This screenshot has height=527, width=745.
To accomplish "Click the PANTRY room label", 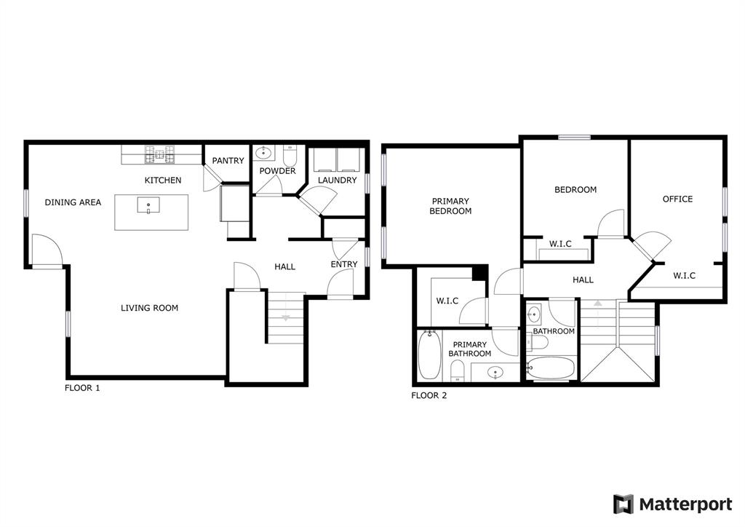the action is coord(228,161).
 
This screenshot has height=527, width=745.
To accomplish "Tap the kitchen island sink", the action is coord(148,205).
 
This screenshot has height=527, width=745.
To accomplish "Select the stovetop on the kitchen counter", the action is coord(162,154).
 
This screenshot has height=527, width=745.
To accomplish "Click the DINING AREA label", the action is coord(73,202).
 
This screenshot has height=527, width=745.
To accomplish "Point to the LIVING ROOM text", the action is coord(149,308).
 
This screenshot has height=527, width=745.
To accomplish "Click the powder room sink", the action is coord(263,153).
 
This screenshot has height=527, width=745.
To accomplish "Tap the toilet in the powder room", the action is coord(290,155).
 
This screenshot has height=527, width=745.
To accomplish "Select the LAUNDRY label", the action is coord(337,180).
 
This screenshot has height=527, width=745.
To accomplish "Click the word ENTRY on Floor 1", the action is coord(344,264).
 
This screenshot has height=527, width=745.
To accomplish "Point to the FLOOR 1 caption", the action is coord(82,388).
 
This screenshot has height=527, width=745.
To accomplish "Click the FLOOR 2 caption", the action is coord(429,395).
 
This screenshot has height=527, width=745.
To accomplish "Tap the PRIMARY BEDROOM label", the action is coord(450,206).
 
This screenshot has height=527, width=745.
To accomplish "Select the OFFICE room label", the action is coord(677,199).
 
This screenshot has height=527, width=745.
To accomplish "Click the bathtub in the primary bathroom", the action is coord(429,355).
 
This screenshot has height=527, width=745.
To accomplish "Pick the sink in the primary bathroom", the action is coord(496,372).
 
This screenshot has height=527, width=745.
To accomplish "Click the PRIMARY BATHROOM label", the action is coord(470,349).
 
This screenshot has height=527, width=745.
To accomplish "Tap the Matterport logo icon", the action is coord(623,504).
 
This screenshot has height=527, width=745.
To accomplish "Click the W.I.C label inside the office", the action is coord(684,276).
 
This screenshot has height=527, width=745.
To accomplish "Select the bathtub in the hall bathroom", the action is coord(551,368).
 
